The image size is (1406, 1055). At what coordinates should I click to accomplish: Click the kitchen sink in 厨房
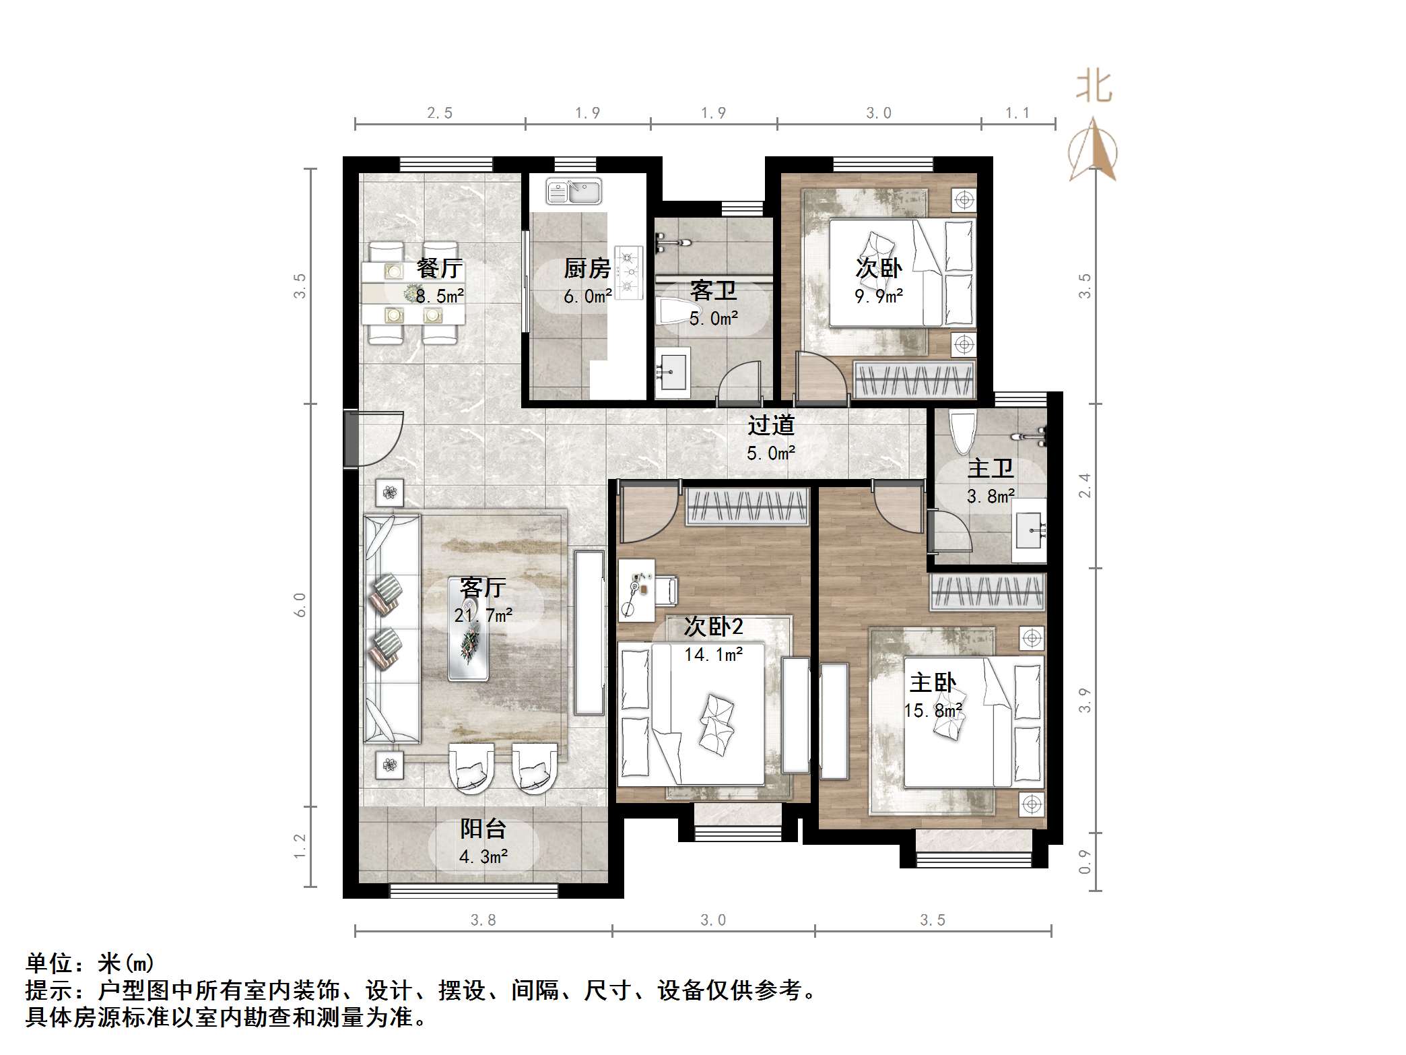[574, 191]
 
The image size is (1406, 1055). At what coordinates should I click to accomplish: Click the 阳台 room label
[483, 829]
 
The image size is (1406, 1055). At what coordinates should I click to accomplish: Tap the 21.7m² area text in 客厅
[483, 615]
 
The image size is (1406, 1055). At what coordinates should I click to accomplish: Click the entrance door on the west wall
[352, 439]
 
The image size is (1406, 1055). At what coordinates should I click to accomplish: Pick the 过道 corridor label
[771, 425]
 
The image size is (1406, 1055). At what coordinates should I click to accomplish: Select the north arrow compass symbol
[1093, 151]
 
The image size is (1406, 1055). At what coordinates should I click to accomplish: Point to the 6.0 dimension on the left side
[300, 605]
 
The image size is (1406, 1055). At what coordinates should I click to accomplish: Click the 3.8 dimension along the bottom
[483, 920]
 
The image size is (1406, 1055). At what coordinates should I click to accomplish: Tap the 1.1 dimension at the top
[1017, 113]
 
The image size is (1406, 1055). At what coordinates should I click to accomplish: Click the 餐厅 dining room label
[439, 268]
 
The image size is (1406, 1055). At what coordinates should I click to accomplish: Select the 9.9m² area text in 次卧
[879, 296]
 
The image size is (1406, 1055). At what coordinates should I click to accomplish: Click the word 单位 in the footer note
[49, 963]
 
